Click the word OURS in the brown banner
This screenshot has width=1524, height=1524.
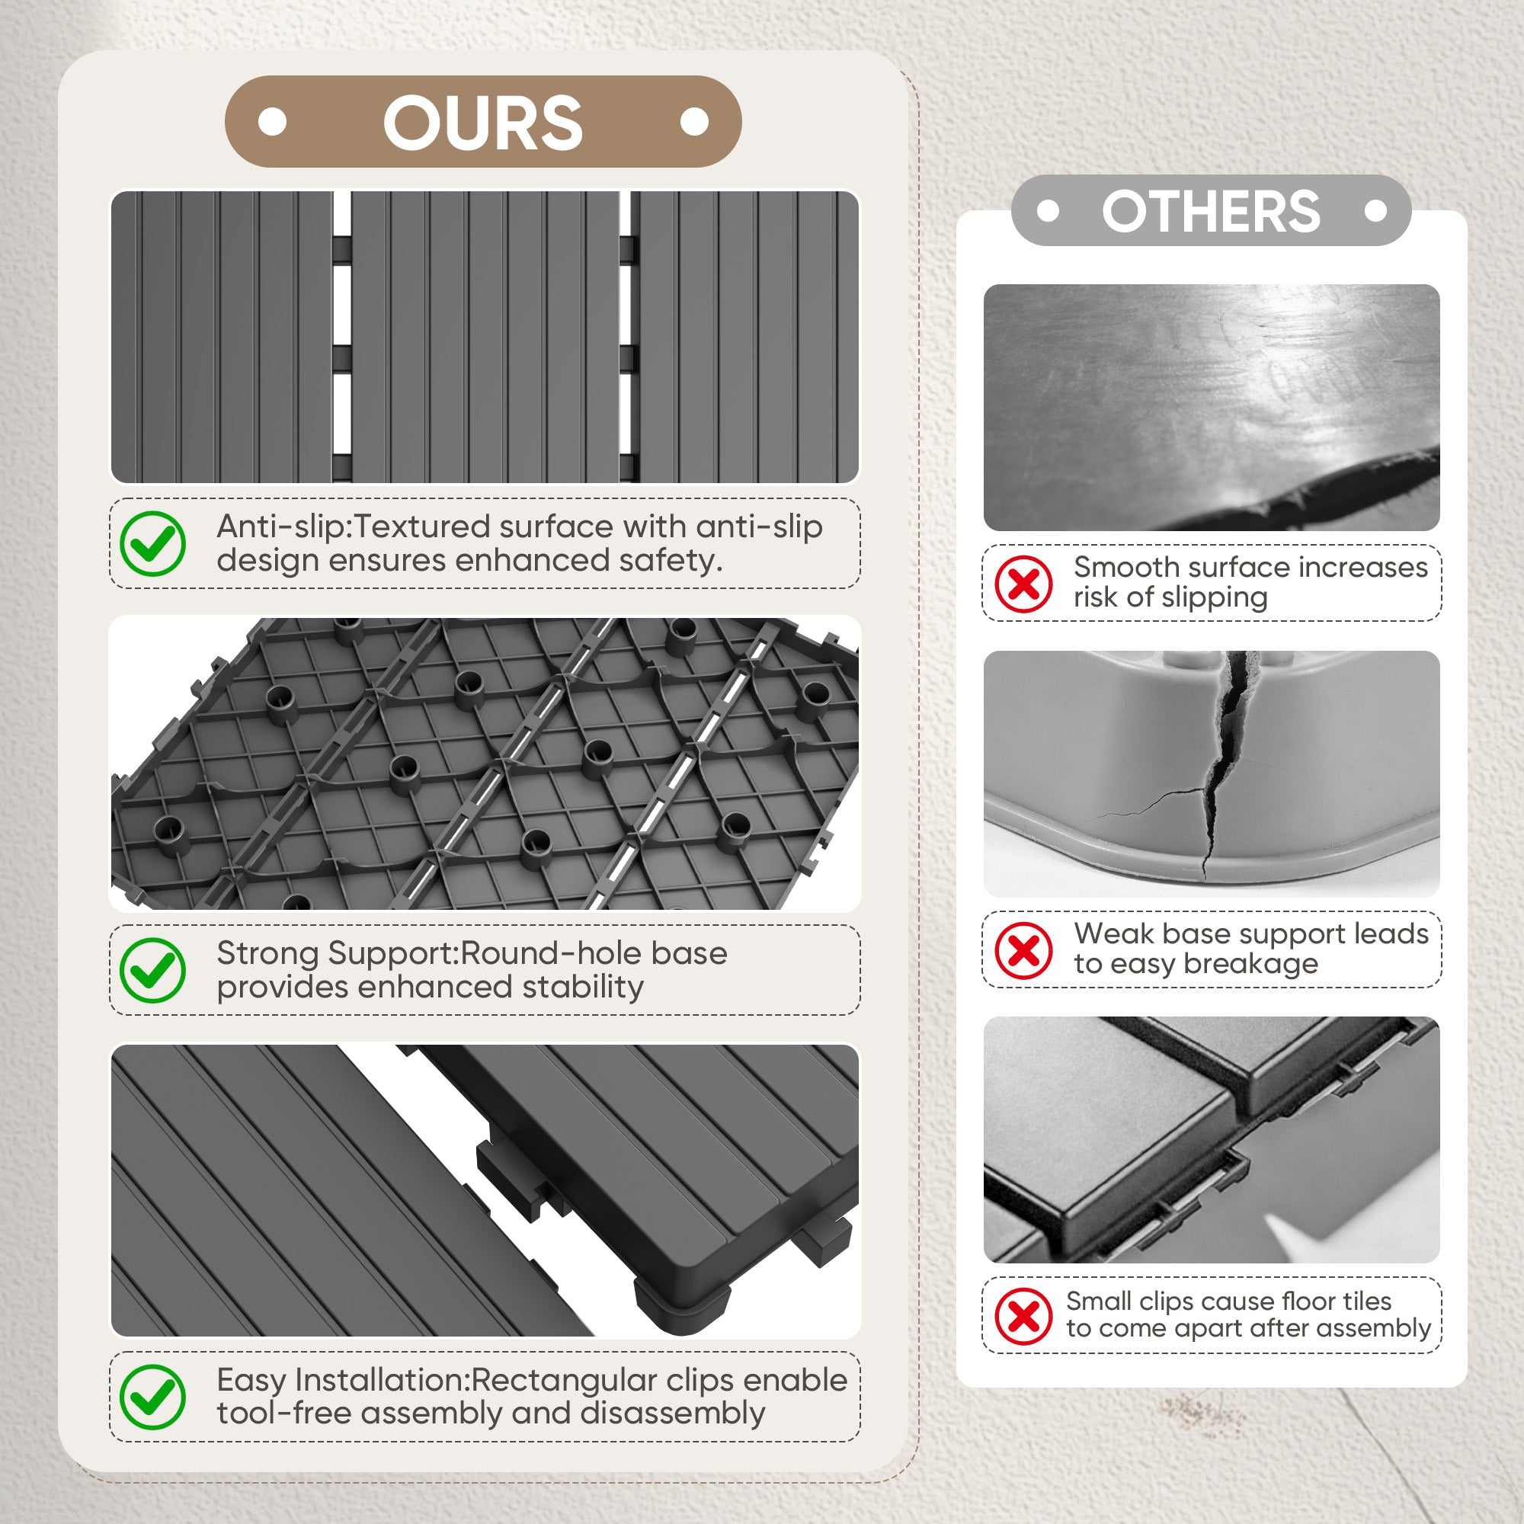[483, 122]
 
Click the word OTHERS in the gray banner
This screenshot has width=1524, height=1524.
[1211, 210]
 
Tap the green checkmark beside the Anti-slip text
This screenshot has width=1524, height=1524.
[153, 543]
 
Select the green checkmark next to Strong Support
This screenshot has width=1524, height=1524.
[153, 970]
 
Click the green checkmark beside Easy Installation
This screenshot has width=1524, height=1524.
[153, 1397]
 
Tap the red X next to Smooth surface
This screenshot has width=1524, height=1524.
[1024, 584]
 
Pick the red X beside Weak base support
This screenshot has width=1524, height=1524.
[1024, 950]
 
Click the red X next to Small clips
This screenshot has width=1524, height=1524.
[1024, 1317]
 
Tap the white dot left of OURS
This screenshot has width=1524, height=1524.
[273, 122]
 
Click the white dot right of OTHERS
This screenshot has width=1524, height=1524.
[1375, 211]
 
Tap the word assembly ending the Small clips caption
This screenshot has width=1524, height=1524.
[1372, 1329]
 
